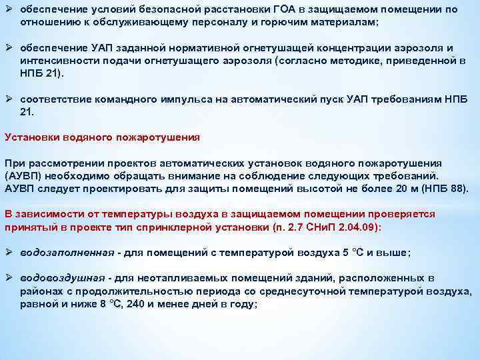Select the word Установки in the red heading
click(x=29, y=137)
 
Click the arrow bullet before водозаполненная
click(x=9, y=252)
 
